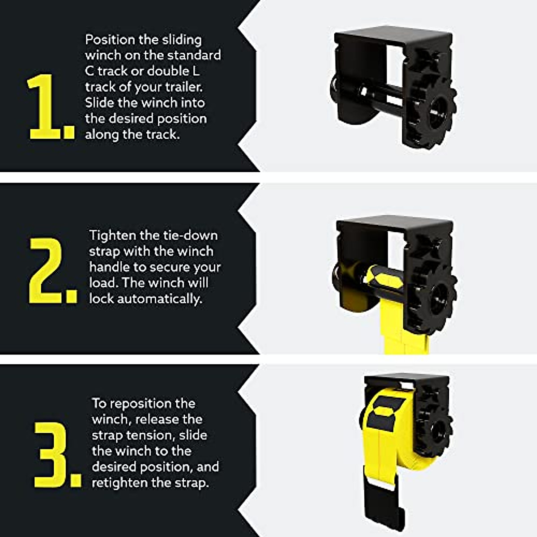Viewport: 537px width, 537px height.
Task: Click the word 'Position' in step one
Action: pos(110,40)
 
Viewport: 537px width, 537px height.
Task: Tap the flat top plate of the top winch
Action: pos(394,38)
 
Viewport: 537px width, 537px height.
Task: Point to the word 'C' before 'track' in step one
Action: pos(89,71)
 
